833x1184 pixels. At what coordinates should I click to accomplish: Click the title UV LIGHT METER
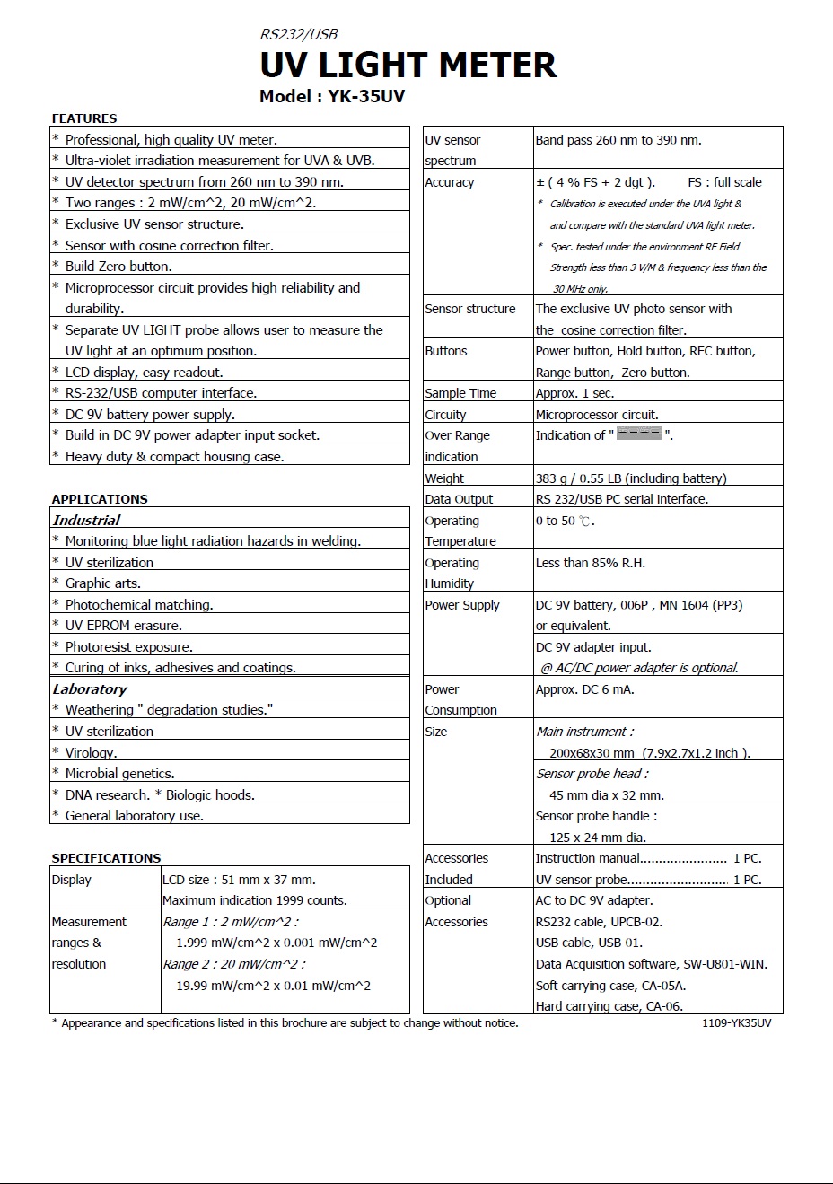point(408,66)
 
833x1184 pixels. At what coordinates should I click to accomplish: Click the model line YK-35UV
point(331,97)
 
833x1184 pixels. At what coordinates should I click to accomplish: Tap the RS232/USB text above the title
point(298,35)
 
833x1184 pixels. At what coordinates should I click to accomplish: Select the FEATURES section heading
point(84,118)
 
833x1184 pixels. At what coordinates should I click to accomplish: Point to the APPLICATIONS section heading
point(100,499)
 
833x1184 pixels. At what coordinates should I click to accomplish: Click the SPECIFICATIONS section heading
point(106,858)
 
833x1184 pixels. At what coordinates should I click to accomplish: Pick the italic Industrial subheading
point(86,520)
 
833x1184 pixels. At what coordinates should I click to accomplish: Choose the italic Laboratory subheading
point(90,688)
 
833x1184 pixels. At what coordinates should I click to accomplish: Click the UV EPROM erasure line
point(123,626)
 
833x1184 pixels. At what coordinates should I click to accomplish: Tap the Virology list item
point(91,752)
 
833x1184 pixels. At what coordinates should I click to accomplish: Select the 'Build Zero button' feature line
point(118,267)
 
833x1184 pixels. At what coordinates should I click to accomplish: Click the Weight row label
point(444,478)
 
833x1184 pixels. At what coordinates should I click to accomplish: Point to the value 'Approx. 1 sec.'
point(575,393)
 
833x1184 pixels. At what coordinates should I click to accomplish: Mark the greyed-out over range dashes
point(639,434)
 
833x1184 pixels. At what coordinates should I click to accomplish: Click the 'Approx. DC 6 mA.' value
point(584,689)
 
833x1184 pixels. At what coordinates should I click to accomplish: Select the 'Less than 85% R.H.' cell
point(590,563)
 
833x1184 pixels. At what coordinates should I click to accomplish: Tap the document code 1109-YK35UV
point(736,1023)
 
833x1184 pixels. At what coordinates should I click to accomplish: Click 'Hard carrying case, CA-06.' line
point(609,1006)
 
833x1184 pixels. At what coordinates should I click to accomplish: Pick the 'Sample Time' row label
point(460,393)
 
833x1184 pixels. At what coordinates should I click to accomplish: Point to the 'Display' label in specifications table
point(72,880)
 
